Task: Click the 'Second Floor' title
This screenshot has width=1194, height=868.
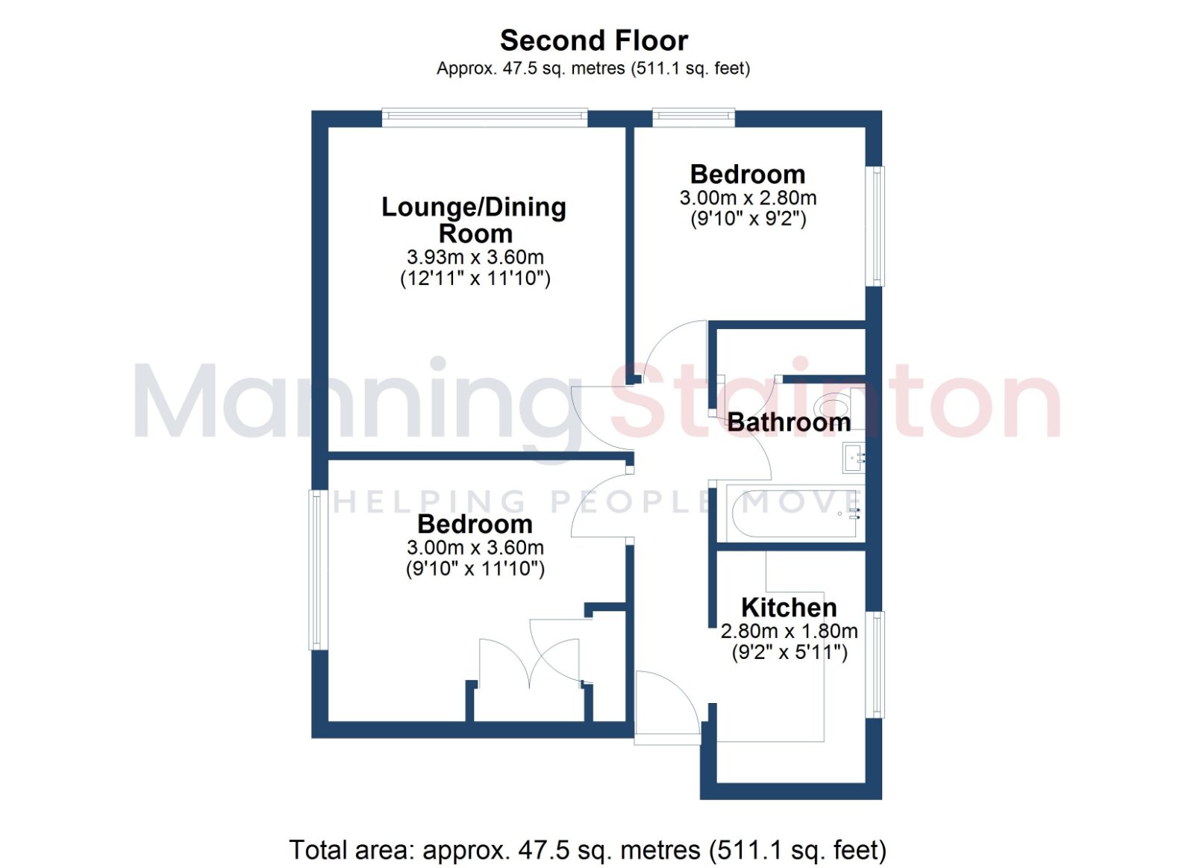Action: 594,41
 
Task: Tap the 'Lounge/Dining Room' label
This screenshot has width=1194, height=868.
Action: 474,220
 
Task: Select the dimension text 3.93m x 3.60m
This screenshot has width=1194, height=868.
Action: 475,257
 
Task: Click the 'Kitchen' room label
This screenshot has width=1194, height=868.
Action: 789,608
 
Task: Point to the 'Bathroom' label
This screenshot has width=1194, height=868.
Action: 789,422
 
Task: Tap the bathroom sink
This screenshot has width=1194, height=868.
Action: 854,457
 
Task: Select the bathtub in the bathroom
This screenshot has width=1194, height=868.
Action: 793,513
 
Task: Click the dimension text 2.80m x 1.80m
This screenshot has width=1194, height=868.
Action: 790,631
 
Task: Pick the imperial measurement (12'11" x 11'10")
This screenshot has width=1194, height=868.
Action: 475,278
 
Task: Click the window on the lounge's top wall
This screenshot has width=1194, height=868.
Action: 484,118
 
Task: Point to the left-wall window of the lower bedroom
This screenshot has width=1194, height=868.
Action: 315,570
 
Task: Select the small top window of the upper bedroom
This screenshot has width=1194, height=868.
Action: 693,118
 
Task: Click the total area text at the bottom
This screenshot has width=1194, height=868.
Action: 587,850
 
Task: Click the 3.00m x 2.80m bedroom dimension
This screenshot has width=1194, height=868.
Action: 748,198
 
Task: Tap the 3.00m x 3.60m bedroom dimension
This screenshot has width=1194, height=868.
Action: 475,548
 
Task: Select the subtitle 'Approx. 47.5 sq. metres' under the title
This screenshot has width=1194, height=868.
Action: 531,69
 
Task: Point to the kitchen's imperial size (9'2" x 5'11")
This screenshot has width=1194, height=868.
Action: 790,652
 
